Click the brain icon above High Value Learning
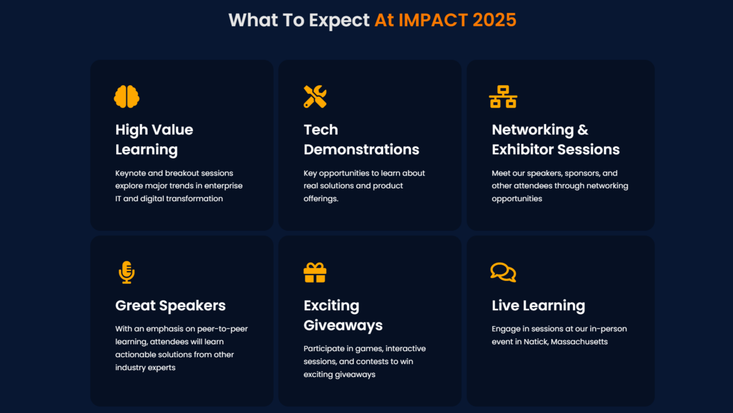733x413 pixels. click(x=126, y=97)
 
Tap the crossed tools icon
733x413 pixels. click(x=315, y=97)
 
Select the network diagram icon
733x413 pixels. click(x=503, y=97)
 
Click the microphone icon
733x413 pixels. click(x=126, y=272)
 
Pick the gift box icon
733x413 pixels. click(x=315, y=272)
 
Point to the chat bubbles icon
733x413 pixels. click(x=503, y=272)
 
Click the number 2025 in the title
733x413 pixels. click(x=494, y=20)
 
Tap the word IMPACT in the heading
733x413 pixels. click(x=433, y=20)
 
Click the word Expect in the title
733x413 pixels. click(x=339, y=21)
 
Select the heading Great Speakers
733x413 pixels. click(x=170, y=306)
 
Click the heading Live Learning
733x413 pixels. click(x=538, y=306)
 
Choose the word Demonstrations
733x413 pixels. click(x=361, y=149)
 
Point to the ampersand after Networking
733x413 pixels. click(x=583, y=130)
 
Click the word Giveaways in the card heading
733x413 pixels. click(x=343, y=326)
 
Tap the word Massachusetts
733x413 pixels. click(x=579, y=341)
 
